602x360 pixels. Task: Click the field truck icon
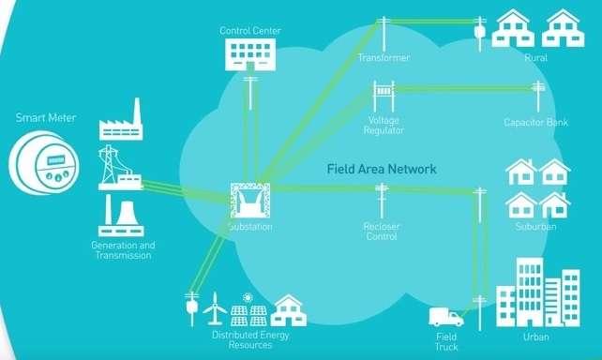pos(446,317)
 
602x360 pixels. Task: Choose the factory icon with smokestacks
pos(121,122)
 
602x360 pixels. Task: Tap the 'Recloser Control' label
pos(382,232)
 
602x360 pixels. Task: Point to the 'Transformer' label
pos(384,58)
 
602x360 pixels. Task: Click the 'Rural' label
pos(536,58)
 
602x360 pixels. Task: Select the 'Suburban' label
pos(536,227)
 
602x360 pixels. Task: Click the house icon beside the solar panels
pos(289,310)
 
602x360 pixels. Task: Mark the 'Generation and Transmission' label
pos(123,250)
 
